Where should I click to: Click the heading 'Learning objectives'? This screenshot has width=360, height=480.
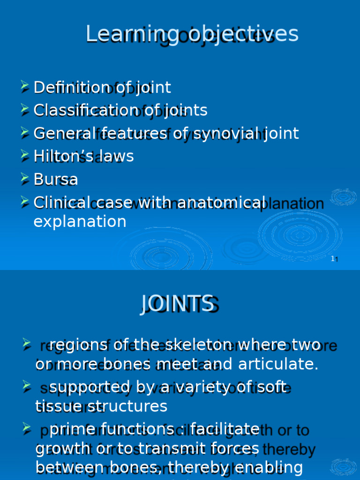[x=192, y=34]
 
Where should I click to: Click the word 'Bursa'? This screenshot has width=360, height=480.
[x=56, y=179]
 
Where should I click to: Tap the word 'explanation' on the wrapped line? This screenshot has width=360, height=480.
[x=80, y=221]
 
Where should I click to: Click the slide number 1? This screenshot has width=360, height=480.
[x=333, y=259]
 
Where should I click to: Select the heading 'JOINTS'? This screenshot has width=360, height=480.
[x=177, y=304]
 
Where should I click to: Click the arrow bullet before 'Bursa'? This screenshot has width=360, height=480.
[x=25, y=179]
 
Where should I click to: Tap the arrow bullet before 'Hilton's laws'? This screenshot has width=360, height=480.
[x=25, y=156]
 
